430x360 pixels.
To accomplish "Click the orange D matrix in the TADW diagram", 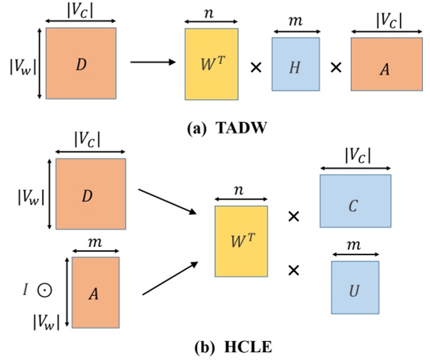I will point(81,63).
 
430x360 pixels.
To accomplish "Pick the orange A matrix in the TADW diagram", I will point(386,63).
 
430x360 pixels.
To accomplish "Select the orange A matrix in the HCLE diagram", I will point(95,292).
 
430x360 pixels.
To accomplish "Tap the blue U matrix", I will point(355,286).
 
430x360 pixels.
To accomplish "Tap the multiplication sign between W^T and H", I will point(256,68).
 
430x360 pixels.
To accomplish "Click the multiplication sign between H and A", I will point(336,68).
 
